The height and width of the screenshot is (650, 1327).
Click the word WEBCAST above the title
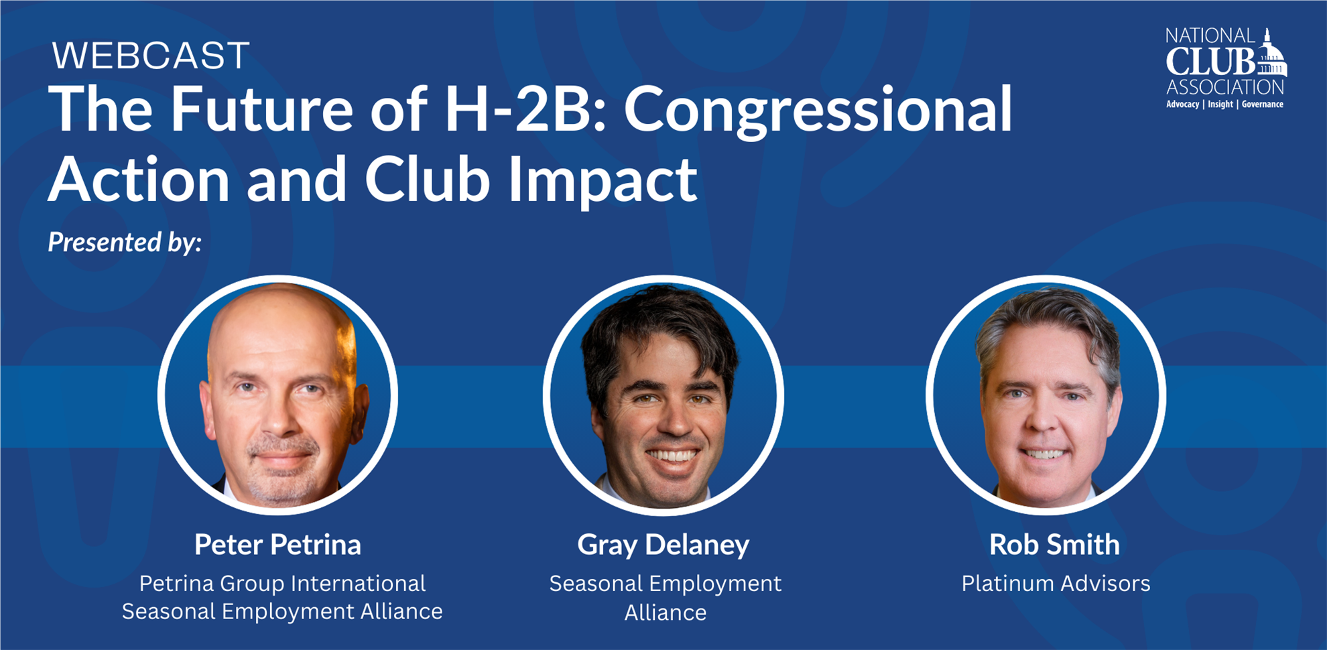[151, 56]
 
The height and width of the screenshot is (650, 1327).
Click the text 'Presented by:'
[125, 242]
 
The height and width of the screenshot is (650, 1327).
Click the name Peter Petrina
[277, 545]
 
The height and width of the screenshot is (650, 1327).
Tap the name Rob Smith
[1054, 545]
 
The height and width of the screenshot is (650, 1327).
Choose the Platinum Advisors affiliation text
[1056, 584]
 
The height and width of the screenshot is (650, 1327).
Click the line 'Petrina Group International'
[282, 584]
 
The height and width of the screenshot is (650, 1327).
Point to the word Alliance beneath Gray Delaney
[666, 612]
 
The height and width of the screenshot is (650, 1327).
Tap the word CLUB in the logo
[1210, 62]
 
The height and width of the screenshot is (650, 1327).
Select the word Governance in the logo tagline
[1263, 105]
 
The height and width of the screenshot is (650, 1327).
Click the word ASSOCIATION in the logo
[1225, 87]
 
